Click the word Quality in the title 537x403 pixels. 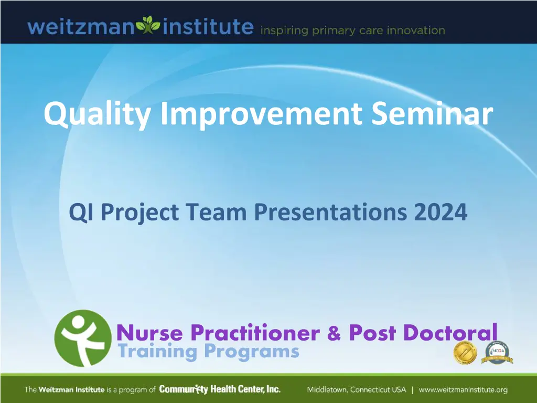tap(97, 114)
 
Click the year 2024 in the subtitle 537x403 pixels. tap(441, 212)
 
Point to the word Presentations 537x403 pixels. tap(330, 212)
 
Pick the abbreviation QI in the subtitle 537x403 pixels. tap(81, 213)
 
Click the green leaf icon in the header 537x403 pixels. tap(148, 25)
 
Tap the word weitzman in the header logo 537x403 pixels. tap(81, 27)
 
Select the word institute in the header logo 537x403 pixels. tap(208, 26)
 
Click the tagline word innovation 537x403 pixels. tap(416, 30)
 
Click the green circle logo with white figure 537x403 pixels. tap(83, 338)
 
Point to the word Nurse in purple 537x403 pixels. tap(150, 332)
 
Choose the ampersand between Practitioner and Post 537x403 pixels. tap(334, 333)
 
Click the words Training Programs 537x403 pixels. tap(209, 352)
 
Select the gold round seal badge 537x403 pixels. tap(465, 353)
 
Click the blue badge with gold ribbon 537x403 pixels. tap(497, 353)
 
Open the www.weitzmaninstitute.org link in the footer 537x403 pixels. tap(463, 390)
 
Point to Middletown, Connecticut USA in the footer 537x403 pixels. tap(356, 390)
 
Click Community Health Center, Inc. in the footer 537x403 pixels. tap(220, 389)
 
